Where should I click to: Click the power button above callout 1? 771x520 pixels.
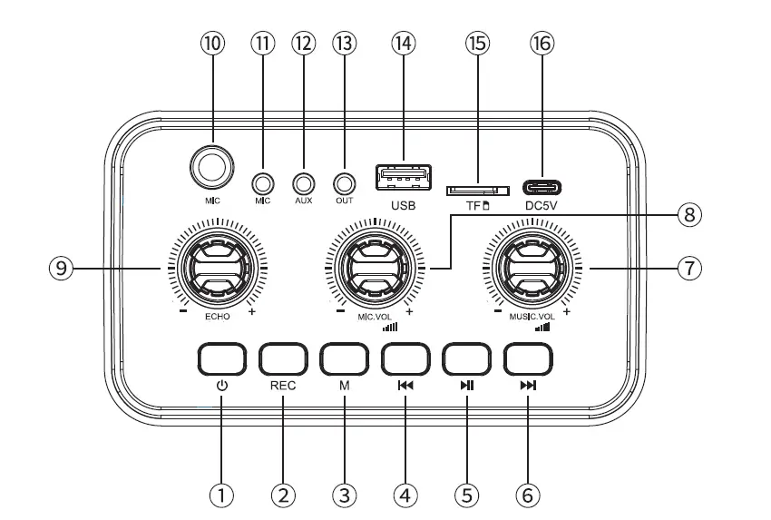(221, 359)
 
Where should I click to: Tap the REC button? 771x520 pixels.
(283, 359)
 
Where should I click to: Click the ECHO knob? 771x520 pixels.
(217, 268)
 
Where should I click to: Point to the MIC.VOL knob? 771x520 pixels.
(376, 268)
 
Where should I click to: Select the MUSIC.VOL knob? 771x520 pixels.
(532, 268)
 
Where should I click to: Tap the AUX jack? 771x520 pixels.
(303, 183)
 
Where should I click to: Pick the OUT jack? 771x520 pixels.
(344, 183)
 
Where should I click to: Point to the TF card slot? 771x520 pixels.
(477, 190)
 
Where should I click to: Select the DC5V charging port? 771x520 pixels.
(542, 188)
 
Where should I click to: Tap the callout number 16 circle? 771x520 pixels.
(542, 44)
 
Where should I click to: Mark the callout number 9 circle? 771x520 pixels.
(62, 268)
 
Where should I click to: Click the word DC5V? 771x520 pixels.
(542, 206)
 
